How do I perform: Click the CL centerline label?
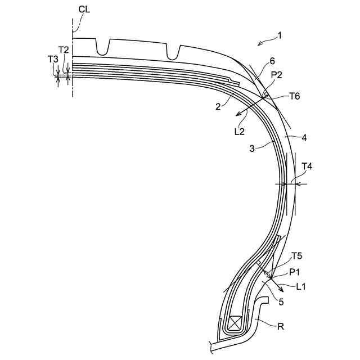pos(84,10)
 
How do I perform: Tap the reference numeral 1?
pos(280,36)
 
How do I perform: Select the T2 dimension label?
pos(64,50)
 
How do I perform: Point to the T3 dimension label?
pos(53,59)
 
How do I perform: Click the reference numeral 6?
pos(272,61)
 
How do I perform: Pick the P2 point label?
pos(276,75)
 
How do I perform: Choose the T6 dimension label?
pos(294,96)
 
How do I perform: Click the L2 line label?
pos(240,132)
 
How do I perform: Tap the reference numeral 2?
pos(218,106)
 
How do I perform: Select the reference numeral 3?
pos(252,148)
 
